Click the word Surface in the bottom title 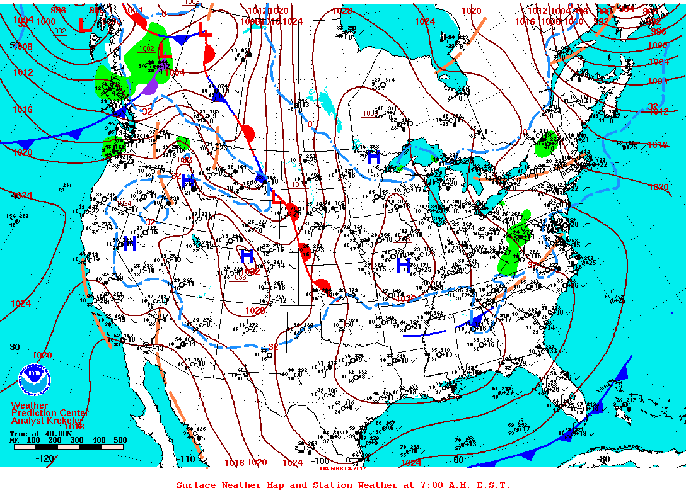(x=196, y=485)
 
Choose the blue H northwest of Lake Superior (x=374, y=157)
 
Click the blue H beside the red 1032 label (x=247, y=256)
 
